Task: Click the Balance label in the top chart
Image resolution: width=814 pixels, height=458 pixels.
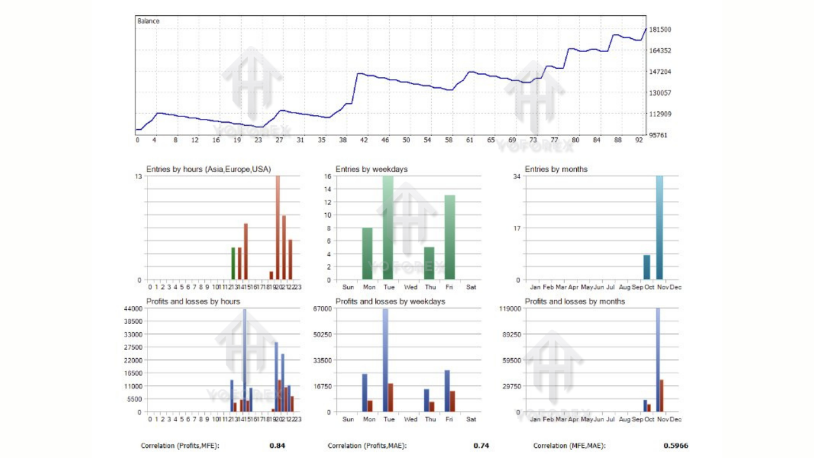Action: [x=148, y=21]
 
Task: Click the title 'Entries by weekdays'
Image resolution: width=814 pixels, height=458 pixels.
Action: [x=371, y=169]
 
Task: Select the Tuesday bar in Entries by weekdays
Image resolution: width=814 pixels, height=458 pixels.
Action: [x=388, y=228]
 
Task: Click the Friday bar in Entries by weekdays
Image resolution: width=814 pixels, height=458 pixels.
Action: [x=450, y=237]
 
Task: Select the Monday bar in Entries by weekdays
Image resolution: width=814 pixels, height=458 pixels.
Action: [x=367, y=253]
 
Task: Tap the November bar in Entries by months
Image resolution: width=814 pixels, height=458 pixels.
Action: [x=659, y=228]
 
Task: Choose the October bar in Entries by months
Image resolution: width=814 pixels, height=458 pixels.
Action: [x=647, y=267]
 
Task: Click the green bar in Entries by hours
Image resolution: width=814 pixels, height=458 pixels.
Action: [x=233, y=263]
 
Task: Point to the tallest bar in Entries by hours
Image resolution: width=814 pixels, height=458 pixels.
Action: [x=278, y=228]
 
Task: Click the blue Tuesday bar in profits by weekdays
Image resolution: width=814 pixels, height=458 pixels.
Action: [x=385, y=360]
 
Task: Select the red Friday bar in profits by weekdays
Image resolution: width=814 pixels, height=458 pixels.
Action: [x=453, y=401]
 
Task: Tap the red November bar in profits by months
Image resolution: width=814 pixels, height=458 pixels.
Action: [x=662, y=396]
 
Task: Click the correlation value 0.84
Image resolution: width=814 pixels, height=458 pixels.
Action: [x=277, y=446]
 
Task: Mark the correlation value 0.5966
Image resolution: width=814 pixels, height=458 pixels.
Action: [x=675, y=446]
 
